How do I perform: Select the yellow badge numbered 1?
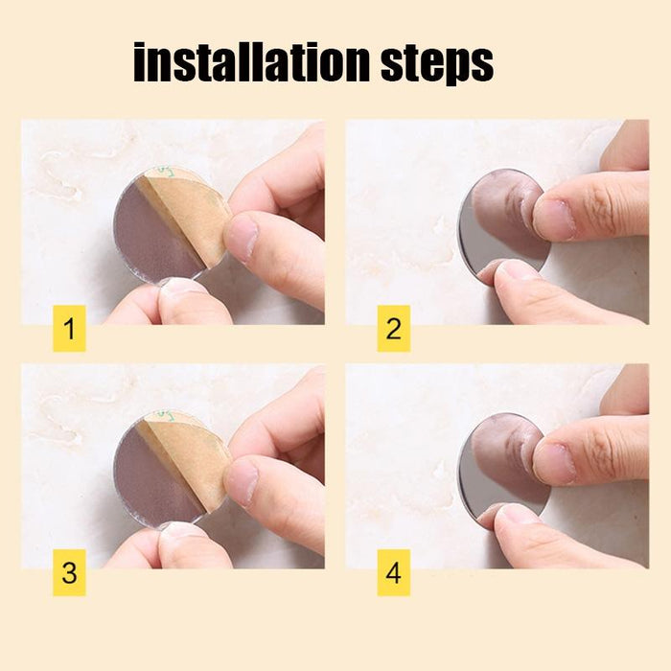[x=69, y=329]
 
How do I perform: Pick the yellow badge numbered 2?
[x=393, y=329]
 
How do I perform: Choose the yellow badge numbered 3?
[x=69, y=573]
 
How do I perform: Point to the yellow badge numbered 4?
[x=393, y=573]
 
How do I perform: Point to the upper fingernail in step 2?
[x=553, y=219]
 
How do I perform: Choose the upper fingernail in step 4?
[x=553, y=463]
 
